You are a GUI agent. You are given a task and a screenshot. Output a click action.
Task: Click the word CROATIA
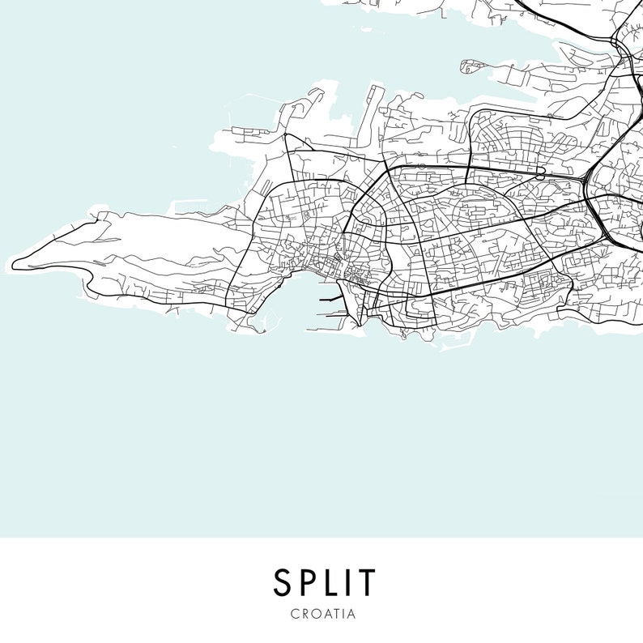pyautogui.click(x=322, y=613)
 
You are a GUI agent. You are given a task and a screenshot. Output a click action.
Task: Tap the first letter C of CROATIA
pyautogui.click(x=293, y=613)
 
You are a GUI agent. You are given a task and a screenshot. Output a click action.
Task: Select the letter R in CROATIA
pyautogui.click(x=303, y=613)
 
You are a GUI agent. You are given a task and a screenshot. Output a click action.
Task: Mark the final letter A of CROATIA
pyautogui.click(x=351, y=613)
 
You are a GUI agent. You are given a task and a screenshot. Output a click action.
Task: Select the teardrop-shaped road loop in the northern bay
pyautogui.click(x=471, y=66)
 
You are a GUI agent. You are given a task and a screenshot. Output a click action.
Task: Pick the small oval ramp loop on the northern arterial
pyautogui.click(x=539, y=175)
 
